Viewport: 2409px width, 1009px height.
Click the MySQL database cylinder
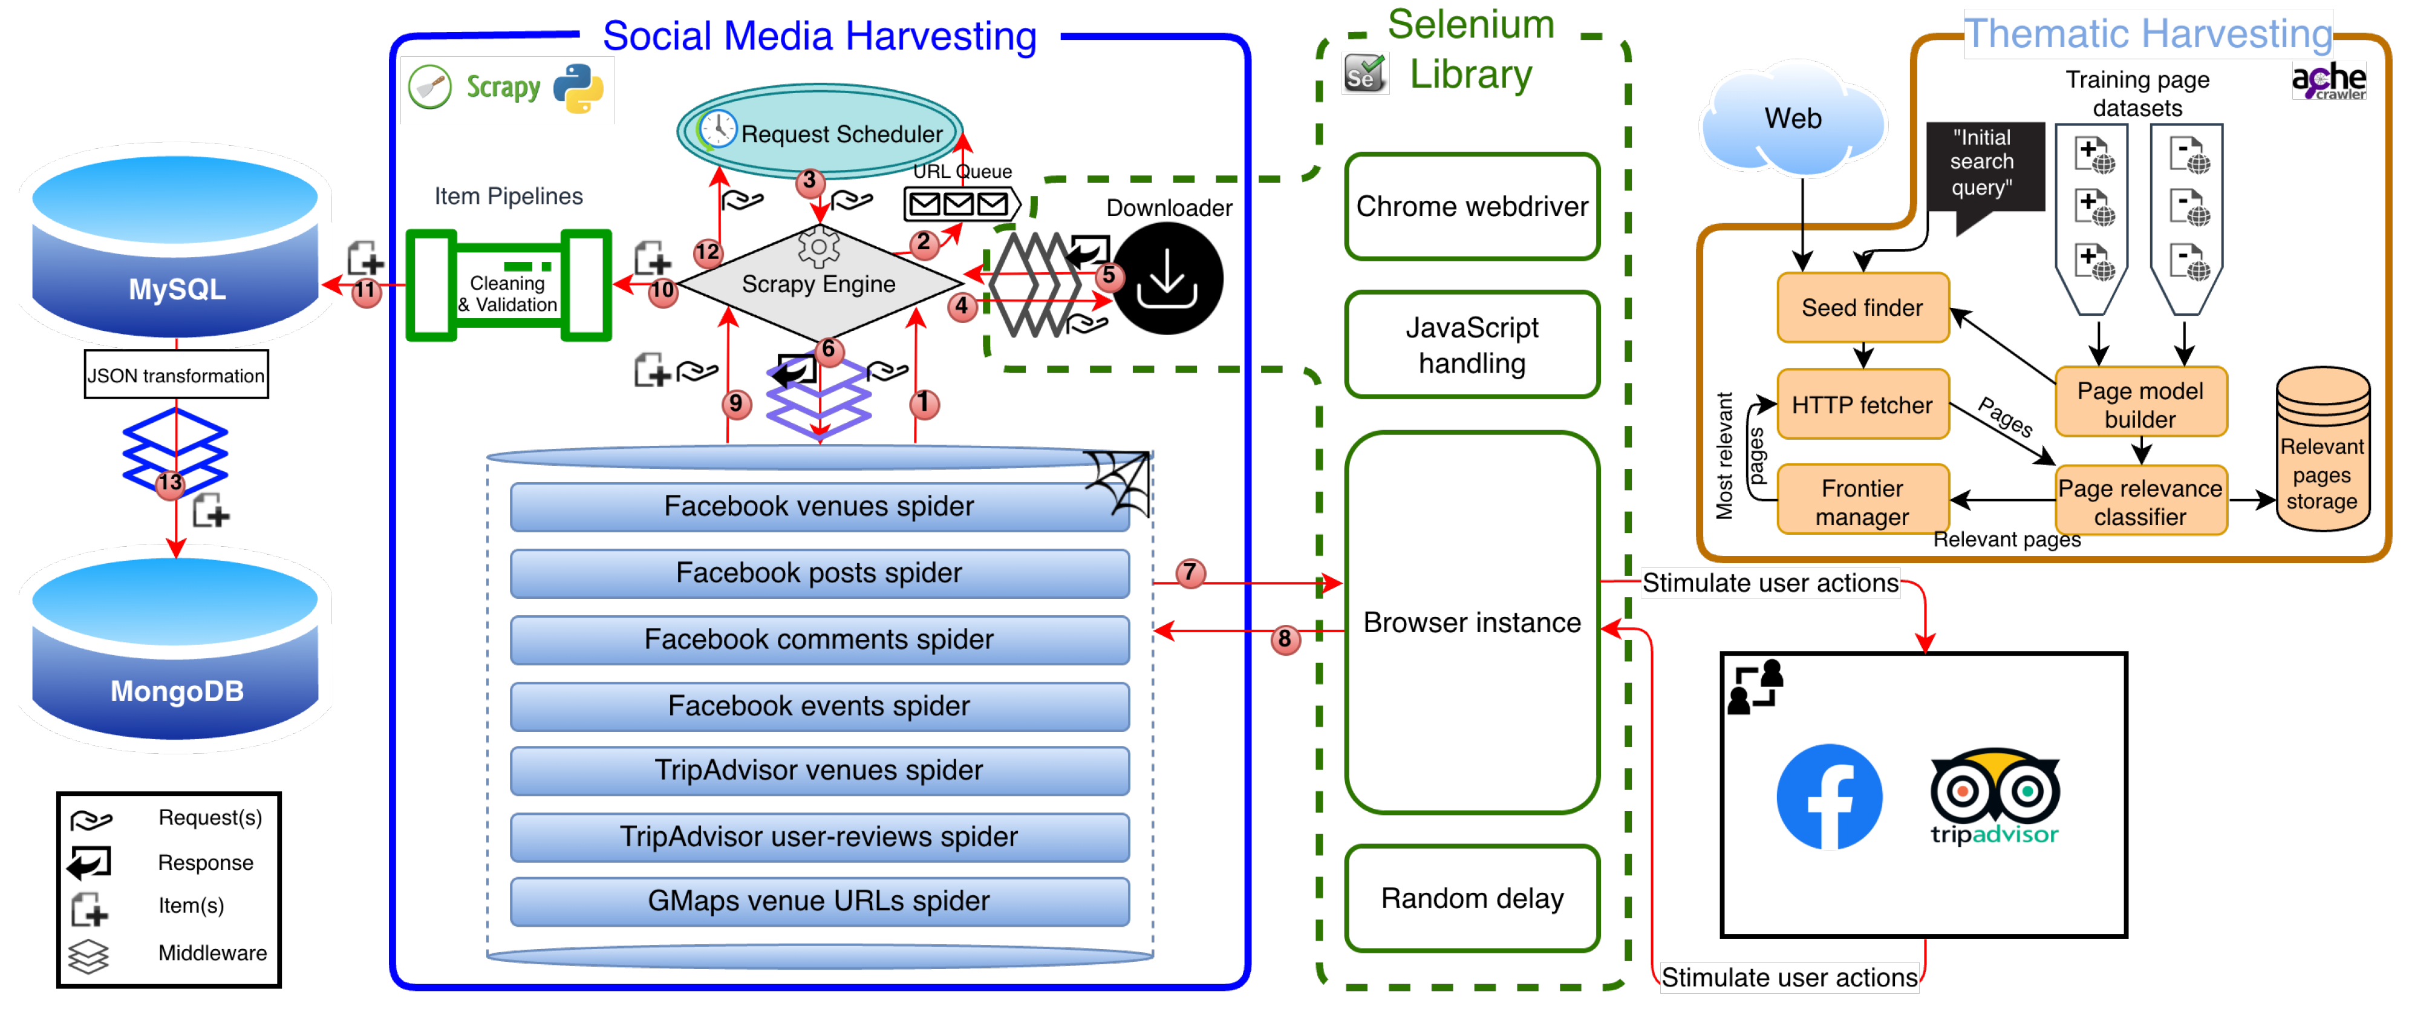176,245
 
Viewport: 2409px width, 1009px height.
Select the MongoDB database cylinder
176,648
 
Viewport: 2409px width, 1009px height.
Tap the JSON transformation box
176,375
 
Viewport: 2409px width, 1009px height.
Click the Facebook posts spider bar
819,572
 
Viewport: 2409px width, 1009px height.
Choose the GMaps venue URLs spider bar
819,901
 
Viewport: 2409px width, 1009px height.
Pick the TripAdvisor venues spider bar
819,769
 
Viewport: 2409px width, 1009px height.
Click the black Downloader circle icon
1167,278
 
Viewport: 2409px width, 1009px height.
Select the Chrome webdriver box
1472,206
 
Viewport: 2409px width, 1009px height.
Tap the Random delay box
1472,898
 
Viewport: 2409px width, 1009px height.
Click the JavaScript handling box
1472,344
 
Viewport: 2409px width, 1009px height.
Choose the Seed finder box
1862,308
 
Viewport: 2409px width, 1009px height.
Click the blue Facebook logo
1829,797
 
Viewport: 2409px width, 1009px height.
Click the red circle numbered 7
1190,572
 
